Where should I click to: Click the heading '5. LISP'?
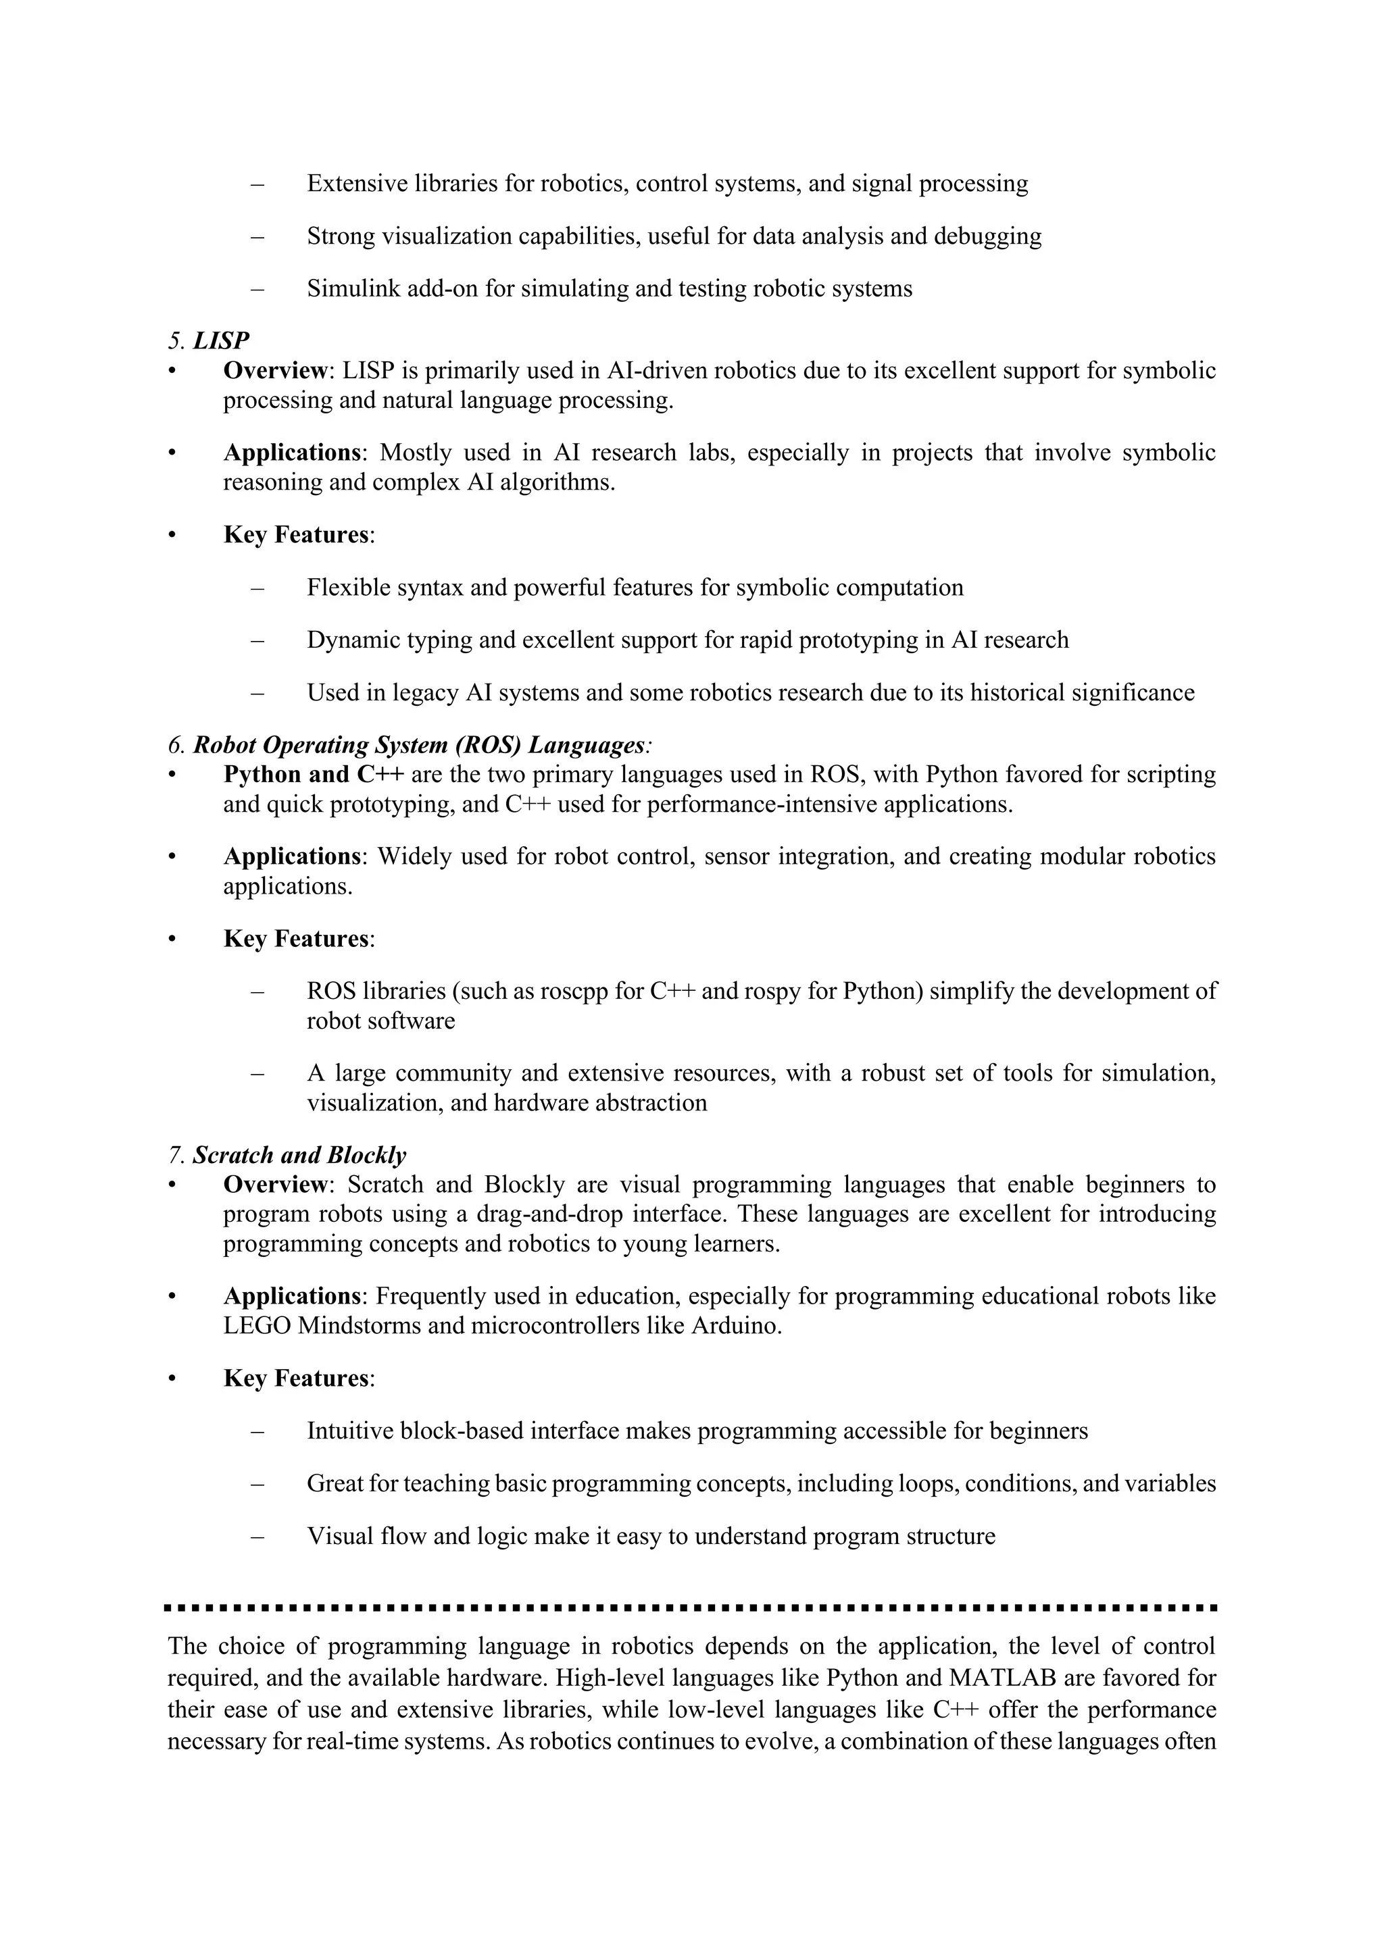(x=209, y=341)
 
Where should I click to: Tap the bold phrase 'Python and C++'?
(x=313, y=775)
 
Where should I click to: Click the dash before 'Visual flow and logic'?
(x=257, y=1536)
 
